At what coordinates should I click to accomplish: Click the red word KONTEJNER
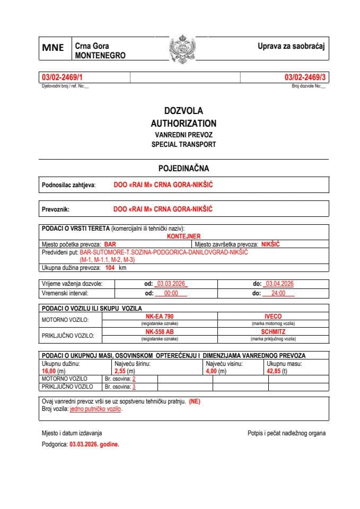[183, 236]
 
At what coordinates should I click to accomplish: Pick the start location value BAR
[110, 244]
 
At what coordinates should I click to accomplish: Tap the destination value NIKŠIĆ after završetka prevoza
[270, 244]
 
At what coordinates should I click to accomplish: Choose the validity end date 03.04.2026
[279, 284]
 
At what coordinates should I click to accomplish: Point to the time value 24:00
[278, 293]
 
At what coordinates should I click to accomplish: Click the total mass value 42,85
[276, 371]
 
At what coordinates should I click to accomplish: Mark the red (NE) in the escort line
[195, 401]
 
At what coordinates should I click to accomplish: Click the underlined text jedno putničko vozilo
[96, 409]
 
